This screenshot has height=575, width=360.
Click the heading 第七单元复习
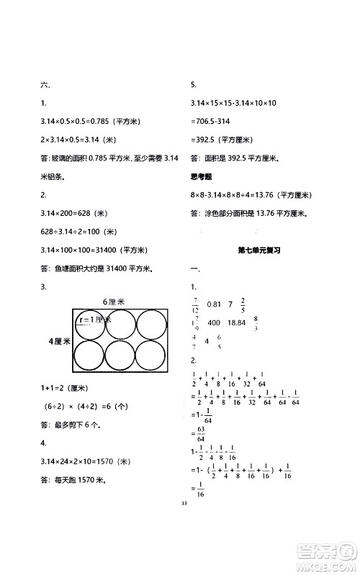258,250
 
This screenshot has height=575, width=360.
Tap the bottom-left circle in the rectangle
88,356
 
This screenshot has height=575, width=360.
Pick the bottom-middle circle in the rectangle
119,356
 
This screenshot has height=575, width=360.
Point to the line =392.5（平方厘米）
224,141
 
